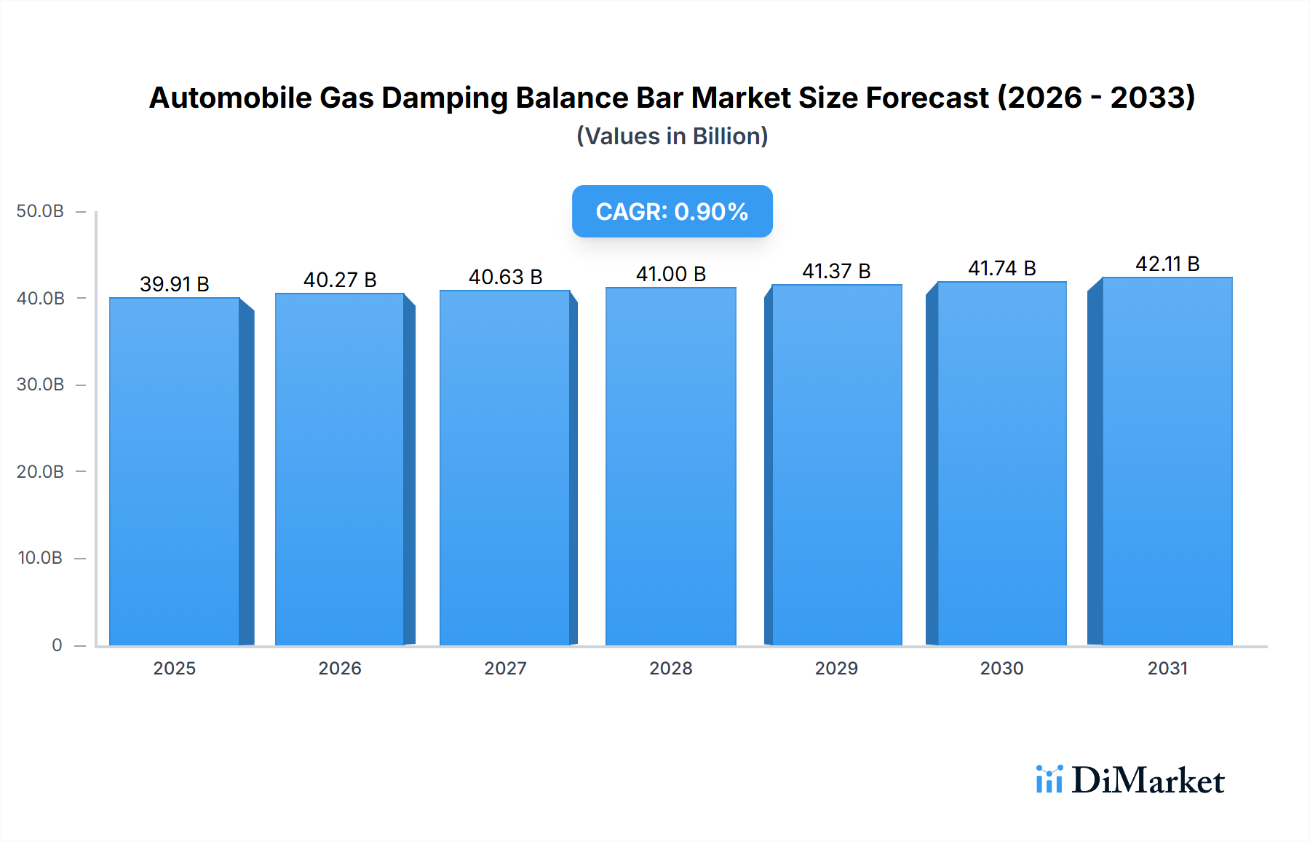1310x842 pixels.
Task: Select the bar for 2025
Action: coord(175,471)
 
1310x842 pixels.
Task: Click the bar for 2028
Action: coord(670,466)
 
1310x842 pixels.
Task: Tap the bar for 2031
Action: coord(1167,461)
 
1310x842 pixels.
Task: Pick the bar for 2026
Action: coord(340,469)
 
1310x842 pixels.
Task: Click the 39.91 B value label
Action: coord(175,284)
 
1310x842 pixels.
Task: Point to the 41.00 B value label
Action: coord(670,274)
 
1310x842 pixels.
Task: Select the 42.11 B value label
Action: coord(1167,264)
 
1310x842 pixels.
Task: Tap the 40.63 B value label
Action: coord(505,277)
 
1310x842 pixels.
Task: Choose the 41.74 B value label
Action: coord(1001,268)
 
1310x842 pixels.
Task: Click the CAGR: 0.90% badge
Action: coord(672,211)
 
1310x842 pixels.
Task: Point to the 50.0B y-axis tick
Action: coord(41,211)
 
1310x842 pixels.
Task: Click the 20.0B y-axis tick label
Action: coord(41,471)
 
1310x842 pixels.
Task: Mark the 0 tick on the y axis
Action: coord(57,645)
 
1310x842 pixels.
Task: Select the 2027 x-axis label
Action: coord(505,668)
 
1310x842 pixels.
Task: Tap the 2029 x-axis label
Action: coord(836,668)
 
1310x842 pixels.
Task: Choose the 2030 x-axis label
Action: coord(1001,668)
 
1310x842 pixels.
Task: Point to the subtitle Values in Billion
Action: coord(672,136)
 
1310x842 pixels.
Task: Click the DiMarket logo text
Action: coord(1148,780)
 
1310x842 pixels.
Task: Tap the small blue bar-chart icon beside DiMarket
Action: coord(1049,779)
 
